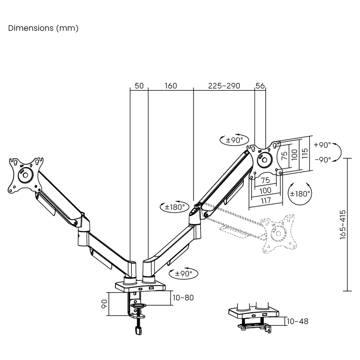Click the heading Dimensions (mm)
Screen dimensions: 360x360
pyautogui.click(x=43, y=28)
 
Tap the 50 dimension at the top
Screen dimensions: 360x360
pyautogui.click(x=139, y=86)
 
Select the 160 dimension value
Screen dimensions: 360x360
pyautogui.click(x=171, y=86)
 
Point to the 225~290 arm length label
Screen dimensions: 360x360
pyautogui.click(x=224, y=86)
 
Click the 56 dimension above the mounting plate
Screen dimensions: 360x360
pyautogui.click(x=260, y=86)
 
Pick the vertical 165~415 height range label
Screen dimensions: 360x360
pyautogui.click(x=343, y=225)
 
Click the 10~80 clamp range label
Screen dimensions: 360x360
pyautogui.click(x=183, y=298)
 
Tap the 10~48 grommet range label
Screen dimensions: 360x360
pyautogui.click(x=297, y=321)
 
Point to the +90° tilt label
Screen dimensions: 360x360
pyautogui.click(x=322, y=145)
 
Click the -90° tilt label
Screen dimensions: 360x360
pyautogui.click(x=323, y=160)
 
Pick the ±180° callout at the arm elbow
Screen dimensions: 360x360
pyautogui.click(x=175, y=207)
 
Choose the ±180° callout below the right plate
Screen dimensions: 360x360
pyautogui.click(x=300, y=193)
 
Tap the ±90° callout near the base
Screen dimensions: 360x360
pyautogui.click(x=184, y=274)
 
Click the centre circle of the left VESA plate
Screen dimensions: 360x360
pyautogui.click(x=25, y=175)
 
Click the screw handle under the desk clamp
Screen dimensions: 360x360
pyautogui.click(x=138, y=330)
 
